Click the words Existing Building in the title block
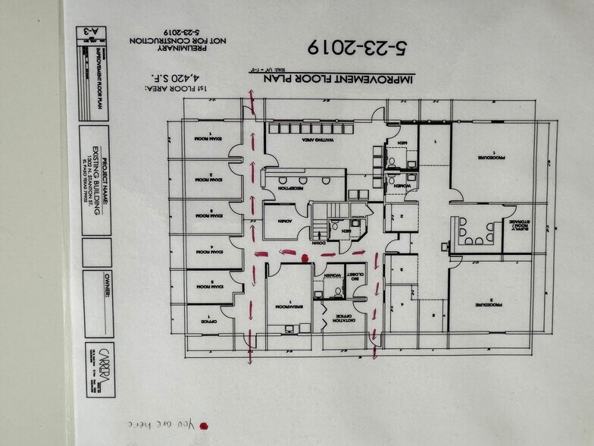96,187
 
